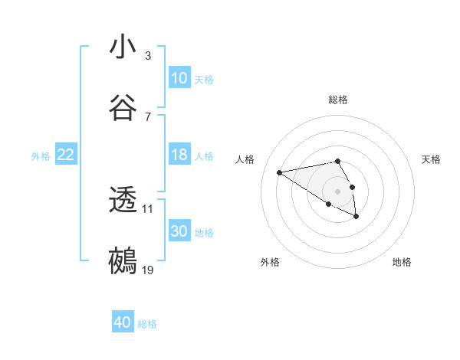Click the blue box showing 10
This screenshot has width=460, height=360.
coord(179,78)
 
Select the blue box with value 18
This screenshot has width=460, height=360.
coord(179,155)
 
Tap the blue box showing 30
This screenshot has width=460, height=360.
coord(179,231)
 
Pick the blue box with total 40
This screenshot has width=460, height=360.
coord(123,323)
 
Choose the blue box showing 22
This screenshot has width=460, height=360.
coord(66,155)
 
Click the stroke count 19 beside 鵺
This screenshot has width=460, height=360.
coord(148,270)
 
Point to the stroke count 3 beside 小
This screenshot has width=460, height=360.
coord(147,56)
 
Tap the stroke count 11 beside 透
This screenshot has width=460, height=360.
coord(147,208)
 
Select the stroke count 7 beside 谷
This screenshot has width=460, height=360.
coord(147,116)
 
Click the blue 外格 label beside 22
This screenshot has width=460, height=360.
coord(41,155)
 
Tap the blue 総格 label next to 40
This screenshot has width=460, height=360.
coord(147,324)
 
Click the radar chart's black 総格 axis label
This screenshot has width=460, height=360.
coord(338,100)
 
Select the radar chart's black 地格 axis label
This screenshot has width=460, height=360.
coord(402,262)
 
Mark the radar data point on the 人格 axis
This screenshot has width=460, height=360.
coord(280,172)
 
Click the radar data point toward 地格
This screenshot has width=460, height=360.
coord(356,217)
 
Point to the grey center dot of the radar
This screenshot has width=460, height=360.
coord(338,191)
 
